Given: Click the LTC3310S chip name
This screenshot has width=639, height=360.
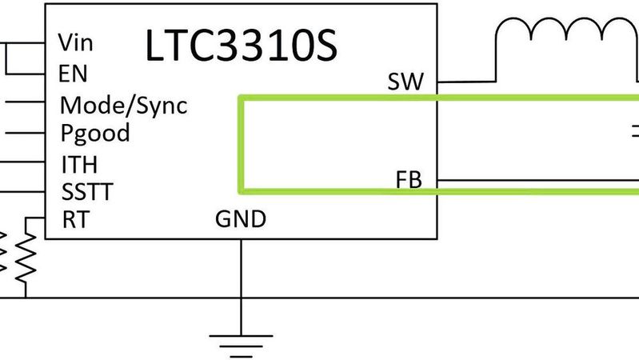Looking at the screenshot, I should click(241, 46).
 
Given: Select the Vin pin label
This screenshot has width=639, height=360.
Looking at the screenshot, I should click(76, 42).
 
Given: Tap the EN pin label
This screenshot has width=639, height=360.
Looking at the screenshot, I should click(73, 74).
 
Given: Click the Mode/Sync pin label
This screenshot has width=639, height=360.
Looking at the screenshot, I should click(124, 104).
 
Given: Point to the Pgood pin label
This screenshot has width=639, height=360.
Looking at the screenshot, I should click(95, 133).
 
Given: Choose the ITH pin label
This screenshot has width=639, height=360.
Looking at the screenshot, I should click(79, 164).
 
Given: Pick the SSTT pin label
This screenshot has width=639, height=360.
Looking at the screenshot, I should click(87, 192).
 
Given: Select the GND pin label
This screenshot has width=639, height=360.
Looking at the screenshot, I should click(241, 218).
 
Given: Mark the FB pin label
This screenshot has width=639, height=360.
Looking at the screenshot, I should click(409, 179).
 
